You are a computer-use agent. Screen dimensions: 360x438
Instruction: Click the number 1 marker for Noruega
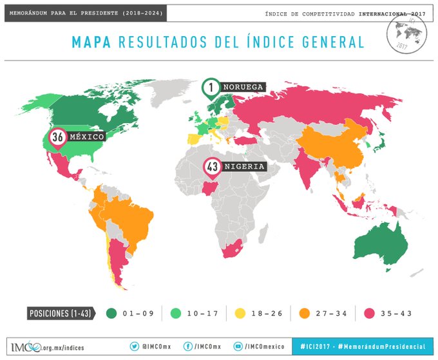211,87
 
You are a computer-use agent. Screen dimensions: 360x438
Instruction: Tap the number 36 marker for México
57,138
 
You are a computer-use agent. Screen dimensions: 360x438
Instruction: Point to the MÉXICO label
86,138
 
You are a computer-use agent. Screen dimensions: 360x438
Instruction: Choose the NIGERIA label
244,167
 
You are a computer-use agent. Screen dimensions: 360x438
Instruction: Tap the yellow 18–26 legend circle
241,313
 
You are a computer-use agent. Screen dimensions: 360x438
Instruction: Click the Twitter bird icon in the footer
135,346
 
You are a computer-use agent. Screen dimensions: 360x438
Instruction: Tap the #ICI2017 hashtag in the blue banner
318,346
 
